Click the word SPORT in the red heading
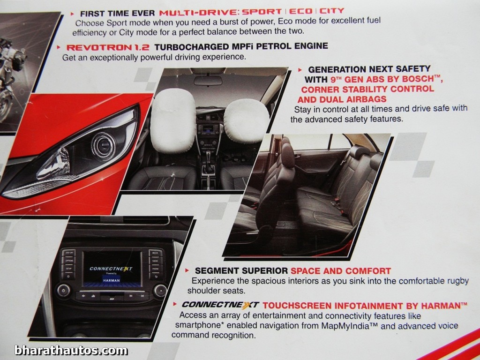click(262, 12)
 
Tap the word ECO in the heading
click(301, 11)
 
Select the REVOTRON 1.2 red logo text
click(108, 47)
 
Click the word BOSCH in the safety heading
click(418, 79)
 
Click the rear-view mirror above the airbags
click(208, 81)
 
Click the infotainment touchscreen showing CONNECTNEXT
click(112, 269)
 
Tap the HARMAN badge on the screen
click(112, 280)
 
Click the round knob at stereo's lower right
click(160, 291)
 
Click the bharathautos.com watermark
click(71, 350)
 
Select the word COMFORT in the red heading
click(368, 271)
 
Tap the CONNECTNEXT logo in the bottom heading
click(220, 305)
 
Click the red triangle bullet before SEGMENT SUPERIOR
click(187, 270)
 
